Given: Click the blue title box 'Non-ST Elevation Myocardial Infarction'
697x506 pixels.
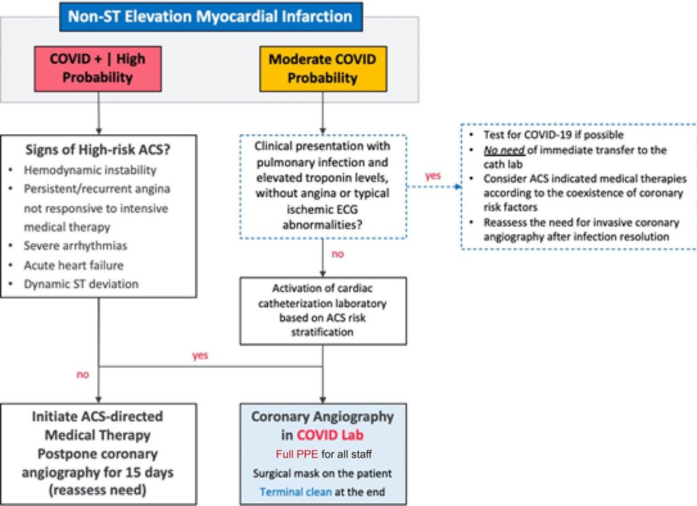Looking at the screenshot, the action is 211,17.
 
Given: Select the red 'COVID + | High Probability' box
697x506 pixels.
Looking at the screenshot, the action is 98,69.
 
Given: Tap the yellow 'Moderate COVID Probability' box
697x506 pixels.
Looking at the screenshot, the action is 323,69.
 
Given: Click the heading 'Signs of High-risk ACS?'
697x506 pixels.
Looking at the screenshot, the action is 98,150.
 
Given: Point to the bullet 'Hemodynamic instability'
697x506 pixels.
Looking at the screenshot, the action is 91,170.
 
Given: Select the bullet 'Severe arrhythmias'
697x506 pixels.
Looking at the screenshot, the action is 76,245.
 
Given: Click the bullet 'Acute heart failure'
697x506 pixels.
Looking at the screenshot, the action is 74,265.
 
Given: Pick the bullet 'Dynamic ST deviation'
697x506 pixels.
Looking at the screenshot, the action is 82,284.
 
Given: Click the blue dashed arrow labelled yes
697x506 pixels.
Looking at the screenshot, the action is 434,187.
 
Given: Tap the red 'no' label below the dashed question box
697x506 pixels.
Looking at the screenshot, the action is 338,254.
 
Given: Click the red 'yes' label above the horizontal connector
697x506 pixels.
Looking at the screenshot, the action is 200,355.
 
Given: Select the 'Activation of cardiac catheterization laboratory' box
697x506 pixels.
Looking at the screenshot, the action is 323,311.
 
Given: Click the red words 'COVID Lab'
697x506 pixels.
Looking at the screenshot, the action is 330,435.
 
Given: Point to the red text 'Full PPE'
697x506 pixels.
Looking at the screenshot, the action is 297,454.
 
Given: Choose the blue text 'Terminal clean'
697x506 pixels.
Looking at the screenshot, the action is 295,492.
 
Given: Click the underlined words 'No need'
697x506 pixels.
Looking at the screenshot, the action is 504,151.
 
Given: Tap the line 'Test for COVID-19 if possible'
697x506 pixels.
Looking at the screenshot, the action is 553,135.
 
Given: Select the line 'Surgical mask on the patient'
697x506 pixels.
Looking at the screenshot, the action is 323,473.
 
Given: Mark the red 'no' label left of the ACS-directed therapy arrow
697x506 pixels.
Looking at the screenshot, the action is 82,375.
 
